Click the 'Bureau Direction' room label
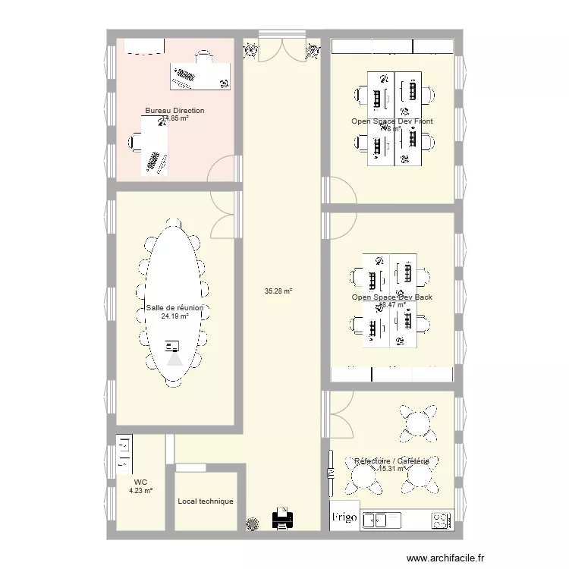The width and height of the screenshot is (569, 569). [174, 111]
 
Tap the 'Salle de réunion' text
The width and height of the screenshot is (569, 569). [174, 308]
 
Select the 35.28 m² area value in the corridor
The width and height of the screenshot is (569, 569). [278, 291]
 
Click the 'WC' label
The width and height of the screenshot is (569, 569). [140, 482]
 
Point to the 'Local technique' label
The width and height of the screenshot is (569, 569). [206, 501]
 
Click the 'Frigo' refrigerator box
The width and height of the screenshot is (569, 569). [344, 517]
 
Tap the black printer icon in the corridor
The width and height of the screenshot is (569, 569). [282, 520]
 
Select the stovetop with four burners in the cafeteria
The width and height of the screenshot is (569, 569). [441, 520]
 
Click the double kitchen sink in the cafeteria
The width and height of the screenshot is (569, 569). [383, 520]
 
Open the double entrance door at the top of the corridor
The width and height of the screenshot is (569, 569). [282, 47]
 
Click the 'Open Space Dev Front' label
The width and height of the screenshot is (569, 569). [391, 121]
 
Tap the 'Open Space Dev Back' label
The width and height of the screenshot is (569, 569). [391, 297]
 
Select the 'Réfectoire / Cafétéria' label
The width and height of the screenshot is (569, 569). [391, 461]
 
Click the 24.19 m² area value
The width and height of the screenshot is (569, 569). [174, 316]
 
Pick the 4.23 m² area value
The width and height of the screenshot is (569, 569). [140, 491]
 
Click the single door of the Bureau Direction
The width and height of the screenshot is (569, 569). [224, 171]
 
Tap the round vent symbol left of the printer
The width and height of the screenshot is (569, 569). [253, 522]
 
